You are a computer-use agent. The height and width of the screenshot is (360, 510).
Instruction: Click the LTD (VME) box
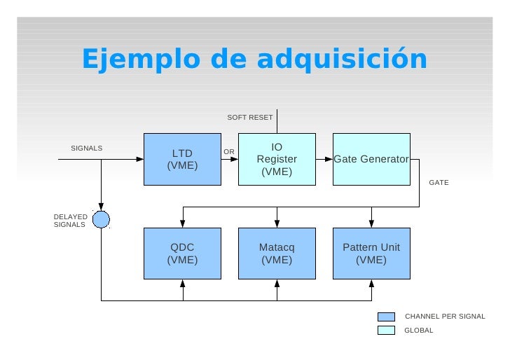pyautogui.click(x=182, y=159)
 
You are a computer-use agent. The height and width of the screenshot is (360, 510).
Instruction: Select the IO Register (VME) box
pyautogui.click(x=277, y=159)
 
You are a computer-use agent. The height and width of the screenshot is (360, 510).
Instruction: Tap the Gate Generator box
pyautogui.click(x=371, y=159)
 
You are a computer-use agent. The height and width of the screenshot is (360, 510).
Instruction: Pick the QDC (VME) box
pyautogui.click(x=182, y=254)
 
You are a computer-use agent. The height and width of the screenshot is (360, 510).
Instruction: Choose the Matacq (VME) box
pyautogui.click(x=277, y=254)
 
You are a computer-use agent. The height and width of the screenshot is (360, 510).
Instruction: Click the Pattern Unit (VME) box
pyautogui.click(x=371, y=254)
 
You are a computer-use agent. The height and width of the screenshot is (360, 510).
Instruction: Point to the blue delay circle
pyautogui.click(x=102, y=220)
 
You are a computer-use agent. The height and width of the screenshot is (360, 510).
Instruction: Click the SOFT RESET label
pyautogui.click(x=250, y=117)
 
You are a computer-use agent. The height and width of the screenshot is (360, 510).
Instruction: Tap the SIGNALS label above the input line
pyautogui.click(x=87, y=148)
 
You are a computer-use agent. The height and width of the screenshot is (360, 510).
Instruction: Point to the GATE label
pyautogui.click(x=439, y=182)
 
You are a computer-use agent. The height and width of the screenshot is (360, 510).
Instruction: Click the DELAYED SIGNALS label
pyautogui.click(x=70, y=221)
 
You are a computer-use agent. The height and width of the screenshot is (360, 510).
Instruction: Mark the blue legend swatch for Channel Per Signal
pyautogui.click(x=386, y=317)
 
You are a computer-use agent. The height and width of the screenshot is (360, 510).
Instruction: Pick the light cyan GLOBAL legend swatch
pyautogui.click(x=386, y=330)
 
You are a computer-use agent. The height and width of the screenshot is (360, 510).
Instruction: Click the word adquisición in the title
pyautogui.click(x=341, y=60)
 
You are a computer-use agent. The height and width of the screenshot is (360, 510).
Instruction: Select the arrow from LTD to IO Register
pyautogui.click(x=230, y=159)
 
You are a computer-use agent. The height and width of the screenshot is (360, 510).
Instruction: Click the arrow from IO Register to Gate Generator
pyautogui.click(x=324, y=159)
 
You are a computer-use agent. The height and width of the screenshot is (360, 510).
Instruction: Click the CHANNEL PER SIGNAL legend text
pyautogui.click(x=445, y=317)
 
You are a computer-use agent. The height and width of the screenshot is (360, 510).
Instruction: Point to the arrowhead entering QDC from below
pyautogui.click(x=183, y=284)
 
